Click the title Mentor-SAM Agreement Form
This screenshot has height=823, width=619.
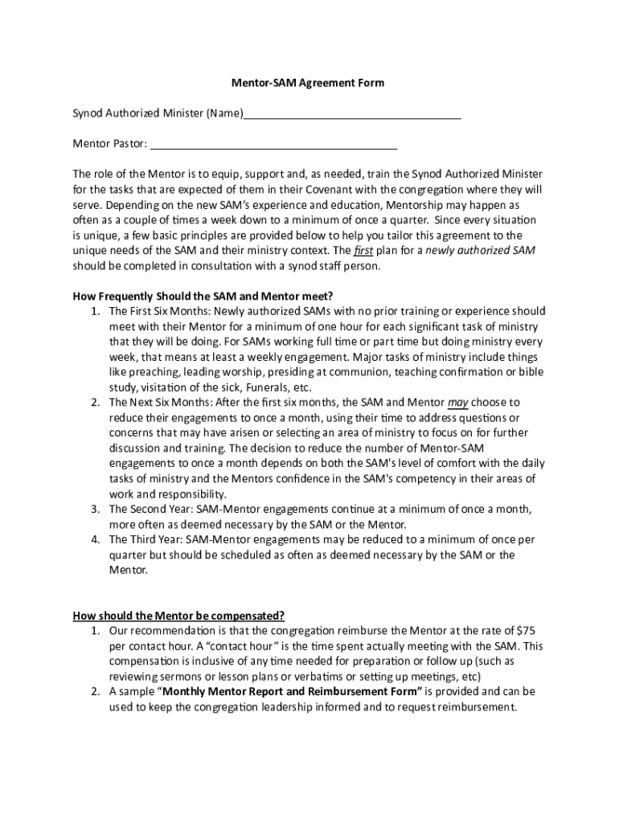click(309, 83)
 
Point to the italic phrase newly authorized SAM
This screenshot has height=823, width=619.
click(481, 251)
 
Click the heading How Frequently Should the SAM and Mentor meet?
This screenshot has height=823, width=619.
click(203, 296)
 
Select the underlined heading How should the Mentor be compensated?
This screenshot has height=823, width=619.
click(178, 616)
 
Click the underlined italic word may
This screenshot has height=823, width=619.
click(458, 402)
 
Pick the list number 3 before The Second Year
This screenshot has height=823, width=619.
click(95, 510)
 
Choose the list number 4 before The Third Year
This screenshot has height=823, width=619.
click(95, 540)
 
